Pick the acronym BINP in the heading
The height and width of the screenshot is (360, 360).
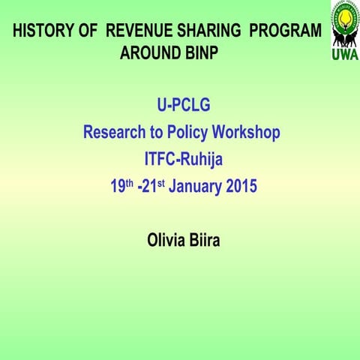click(x=202, y=55)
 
